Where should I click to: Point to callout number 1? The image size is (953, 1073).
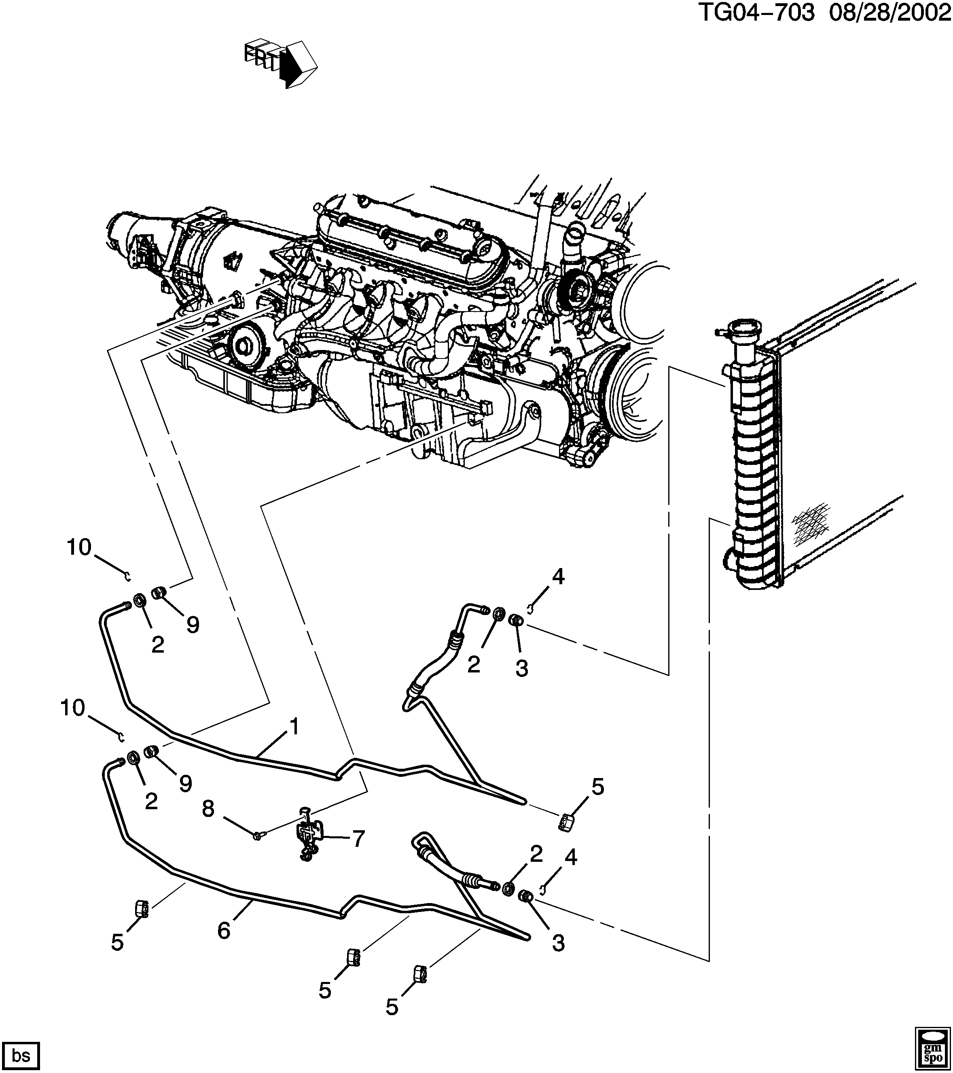pos(294,727)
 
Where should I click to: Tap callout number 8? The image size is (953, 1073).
pos(208,809)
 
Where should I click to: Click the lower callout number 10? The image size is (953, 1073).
pos(72,708)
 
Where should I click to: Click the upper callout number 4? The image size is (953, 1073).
pos(558,577)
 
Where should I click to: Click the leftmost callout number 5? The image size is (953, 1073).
pos(117,942)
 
